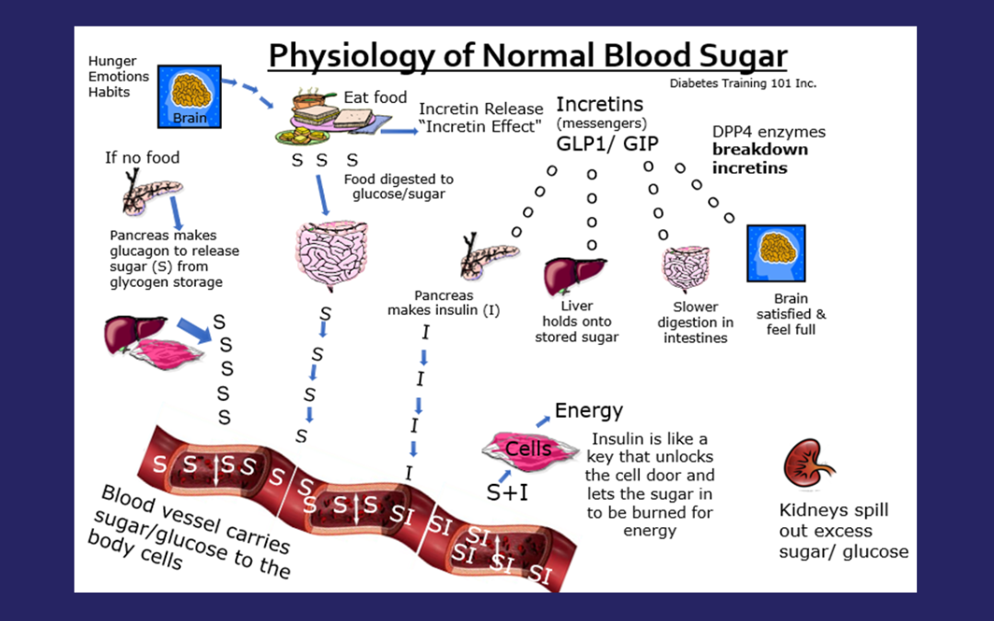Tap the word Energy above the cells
pyautogui.click(x=588, y=410)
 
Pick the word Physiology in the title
pyautogui.click(x=358, y=56)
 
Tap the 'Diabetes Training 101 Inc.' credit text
pyautogui.click(x=743, y=83)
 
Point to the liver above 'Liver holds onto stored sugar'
pyautogui.click(x=574, y=272)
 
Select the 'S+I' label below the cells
pyautogui.click(x=507, y=492)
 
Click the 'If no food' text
pyautogui.click(x=143, y=157)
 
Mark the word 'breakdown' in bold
pyautogui.click(x=759, y=149)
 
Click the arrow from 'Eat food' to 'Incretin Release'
pyautogui.click(x=397, y=131)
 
